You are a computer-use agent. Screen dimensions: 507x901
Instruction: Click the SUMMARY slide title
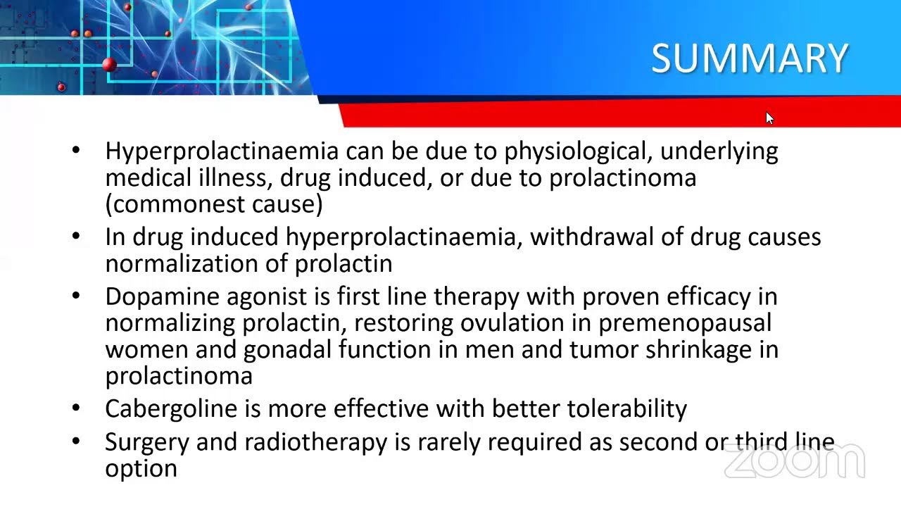(749, 58)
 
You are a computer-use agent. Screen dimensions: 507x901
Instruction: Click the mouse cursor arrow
(769, 118)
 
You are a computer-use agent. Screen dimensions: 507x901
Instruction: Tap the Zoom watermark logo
(794, 462)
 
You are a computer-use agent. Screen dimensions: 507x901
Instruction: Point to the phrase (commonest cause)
(214, 204)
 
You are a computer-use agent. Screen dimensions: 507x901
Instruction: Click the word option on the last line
(141, 469)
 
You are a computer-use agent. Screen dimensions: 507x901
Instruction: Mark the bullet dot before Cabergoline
(76, 408)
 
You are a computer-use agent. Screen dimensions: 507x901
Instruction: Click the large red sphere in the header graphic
(108, 65)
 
